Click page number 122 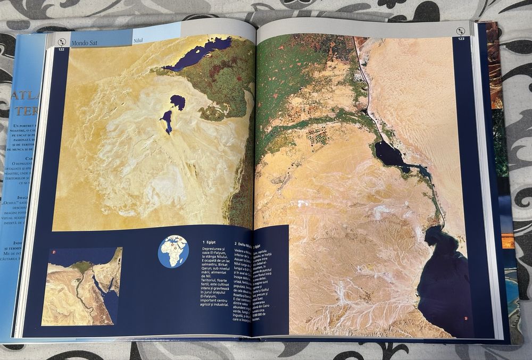[x=62, y=49]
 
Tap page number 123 [x=460, y=38]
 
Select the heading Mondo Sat [x=85, y=40]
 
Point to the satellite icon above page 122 [x=62, y=41]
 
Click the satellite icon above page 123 [x=461, y=30]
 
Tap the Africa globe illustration [x=173, y=251]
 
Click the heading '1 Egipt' [x=210, y=242]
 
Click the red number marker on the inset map [x=54, y=252]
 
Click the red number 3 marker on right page [x=465, y=319]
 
